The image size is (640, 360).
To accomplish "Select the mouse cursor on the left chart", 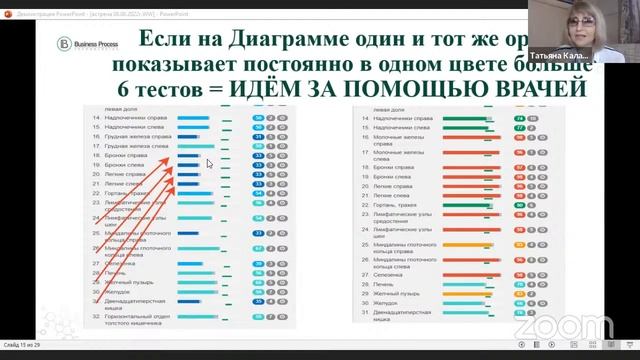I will point(209,163).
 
